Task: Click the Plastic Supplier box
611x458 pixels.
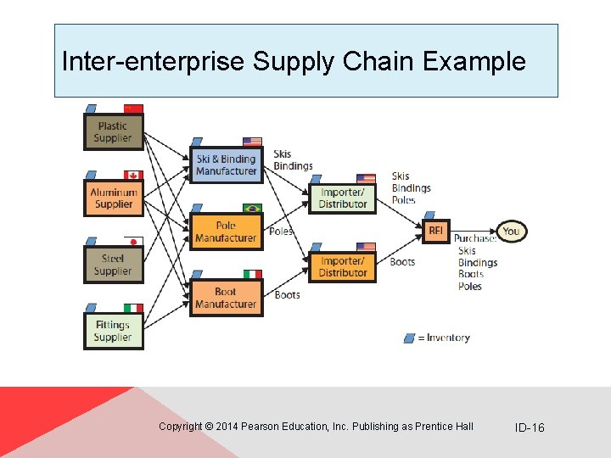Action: [x=113, y=132]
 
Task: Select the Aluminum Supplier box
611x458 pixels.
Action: [x=113, y=198]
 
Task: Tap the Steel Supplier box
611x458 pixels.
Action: [x=113, y=265]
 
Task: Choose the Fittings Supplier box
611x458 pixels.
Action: [x=113, y=331]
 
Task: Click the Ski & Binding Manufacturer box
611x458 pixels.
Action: [x=226, y=165]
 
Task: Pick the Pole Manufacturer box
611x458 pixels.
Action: [x=226, y=232]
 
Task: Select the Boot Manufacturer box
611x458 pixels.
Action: [x=226, y=298]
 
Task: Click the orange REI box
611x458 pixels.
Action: [x=435, y=231]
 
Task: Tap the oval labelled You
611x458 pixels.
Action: [x=511, y=231]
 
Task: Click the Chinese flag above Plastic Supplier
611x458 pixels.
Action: [x=133, y=109]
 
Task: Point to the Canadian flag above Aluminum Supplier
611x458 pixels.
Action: [x=133, y=175]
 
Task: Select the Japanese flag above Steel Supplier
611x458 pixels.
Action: [x=133, y=241]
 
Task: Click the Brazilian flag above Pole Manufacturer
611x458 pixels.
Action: [x=252, y=208]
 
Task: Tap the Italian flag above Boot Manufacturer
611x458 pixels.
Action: [x=252, y=274]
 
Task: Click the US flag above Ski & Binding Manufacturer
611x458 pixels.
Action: [x=252, y=142]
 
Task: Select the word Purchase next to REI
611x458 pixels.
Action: [x=474, y=238]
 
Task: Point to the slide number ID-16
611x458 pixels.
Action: [x=530, y=427]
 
